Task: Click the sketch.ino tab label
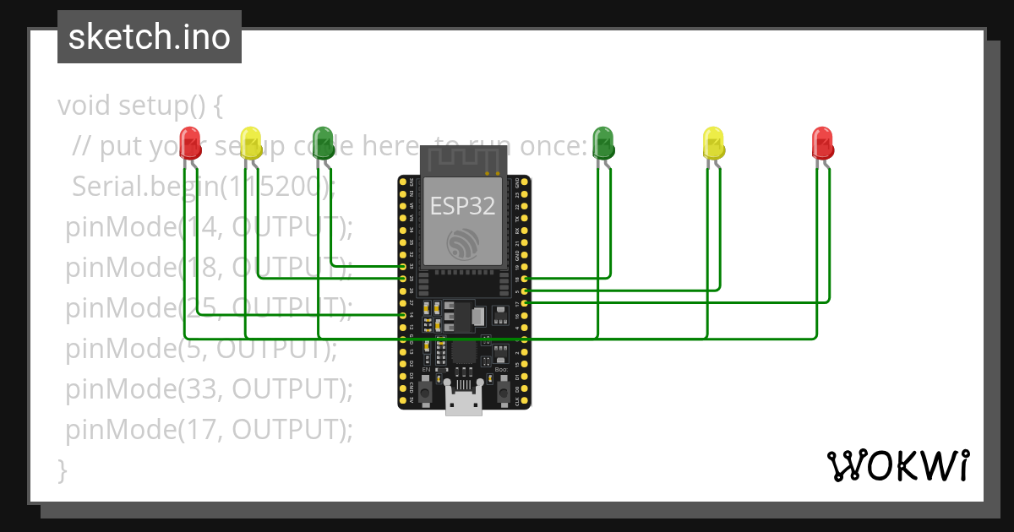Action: click(150, 37)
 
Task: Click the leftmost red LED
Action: click(190, 142)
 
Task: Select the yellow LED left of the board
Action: click(250, 142)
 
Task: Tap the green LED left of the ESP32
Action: click(323, 142)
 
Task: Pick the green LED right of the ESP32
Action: click(602, 142)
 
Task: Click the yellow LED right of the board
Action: click(714, 142)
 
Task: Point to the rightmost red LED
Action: click(822, 142)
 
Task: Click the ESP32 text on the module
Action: click(462, 207)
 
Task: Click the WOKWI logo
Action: click(897, 465)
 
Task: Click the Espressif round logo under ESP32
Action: click(463, 244)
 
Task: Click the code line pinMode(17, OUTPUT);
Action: click(209, 430)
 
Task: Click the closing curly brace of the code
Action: click(62, 470)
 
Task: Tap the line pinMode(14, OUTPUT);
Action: click(209, 226)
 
